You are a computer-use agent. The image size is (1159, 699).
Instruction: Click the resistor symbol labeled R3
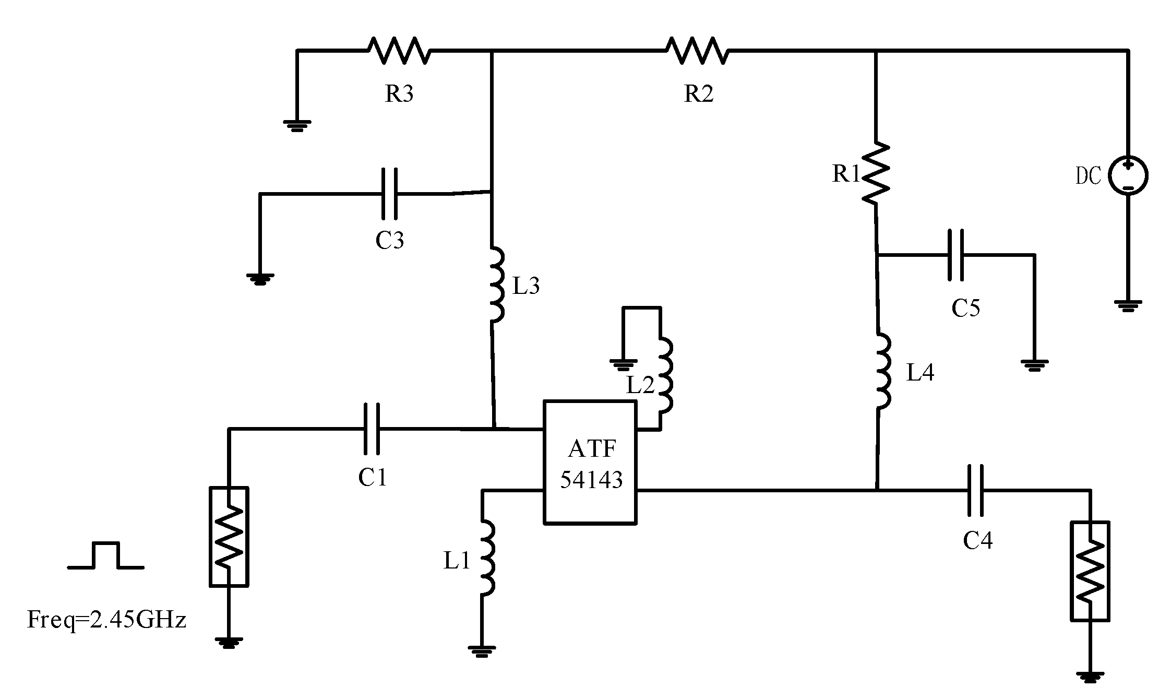[x=399, y=51]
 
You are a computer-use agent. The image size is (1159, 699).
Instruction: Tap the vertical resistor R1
[x=876, y=173]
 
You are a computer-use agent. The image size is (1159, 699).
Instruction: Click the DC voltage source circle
[x=1128, y=175]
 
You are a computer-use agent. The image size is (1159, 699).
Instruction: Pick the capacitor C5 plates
[x=955, y=255]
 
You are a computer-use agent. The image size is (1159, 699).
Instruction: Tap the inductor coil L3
[x=496, y=285]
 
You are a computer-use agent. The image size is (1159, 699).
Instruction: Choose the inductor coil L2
[x=665, y=376]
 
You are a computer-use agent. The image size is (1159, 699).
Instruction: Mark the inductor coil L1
[x=487, y=558]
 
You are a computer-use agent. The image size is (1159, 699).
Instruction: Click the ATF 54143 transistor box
[x=590, y=463]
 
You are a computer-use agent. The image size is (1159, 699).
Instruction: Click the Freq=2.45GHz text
[x=106, y=620]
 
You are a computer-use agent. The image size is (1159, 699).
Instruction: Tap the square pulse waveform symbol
[x=106, y=555]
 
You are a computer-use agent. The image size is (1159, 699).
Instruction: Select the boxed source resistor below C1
[x=229, y=537]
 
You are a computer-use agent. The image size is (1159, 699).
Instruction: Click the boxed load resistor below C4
[x=1090, y=571]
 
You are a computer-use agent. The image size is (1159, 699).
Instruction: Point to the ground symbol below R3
[x=297, y=125]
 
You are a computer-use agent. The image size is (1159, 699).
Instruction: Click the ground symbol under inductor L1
[x=482, y=650]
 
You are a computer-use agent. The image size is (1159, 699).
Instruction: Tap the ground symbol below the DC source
[x=1128, y=305]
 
